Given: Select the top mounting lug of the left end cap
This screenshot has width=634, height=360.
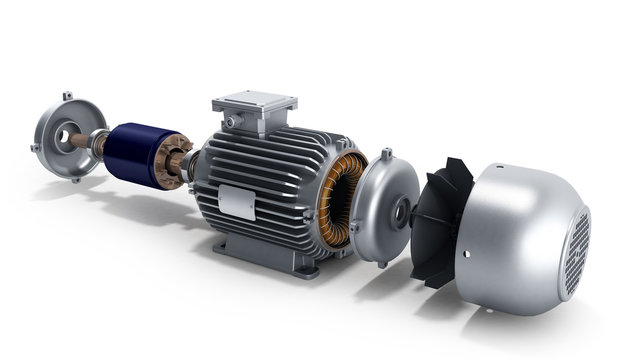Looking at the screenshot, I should (x=67, y=96).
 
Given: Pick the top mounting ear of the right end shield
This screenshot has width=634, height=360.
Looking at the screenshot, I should (x=387, y=154).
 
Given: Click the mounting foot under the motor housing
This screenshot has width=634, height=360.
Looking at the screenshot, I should (x=300, y=261).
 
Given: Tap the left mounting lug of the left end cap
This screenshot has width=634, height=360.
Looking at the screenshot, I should (x=35, y=148).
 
